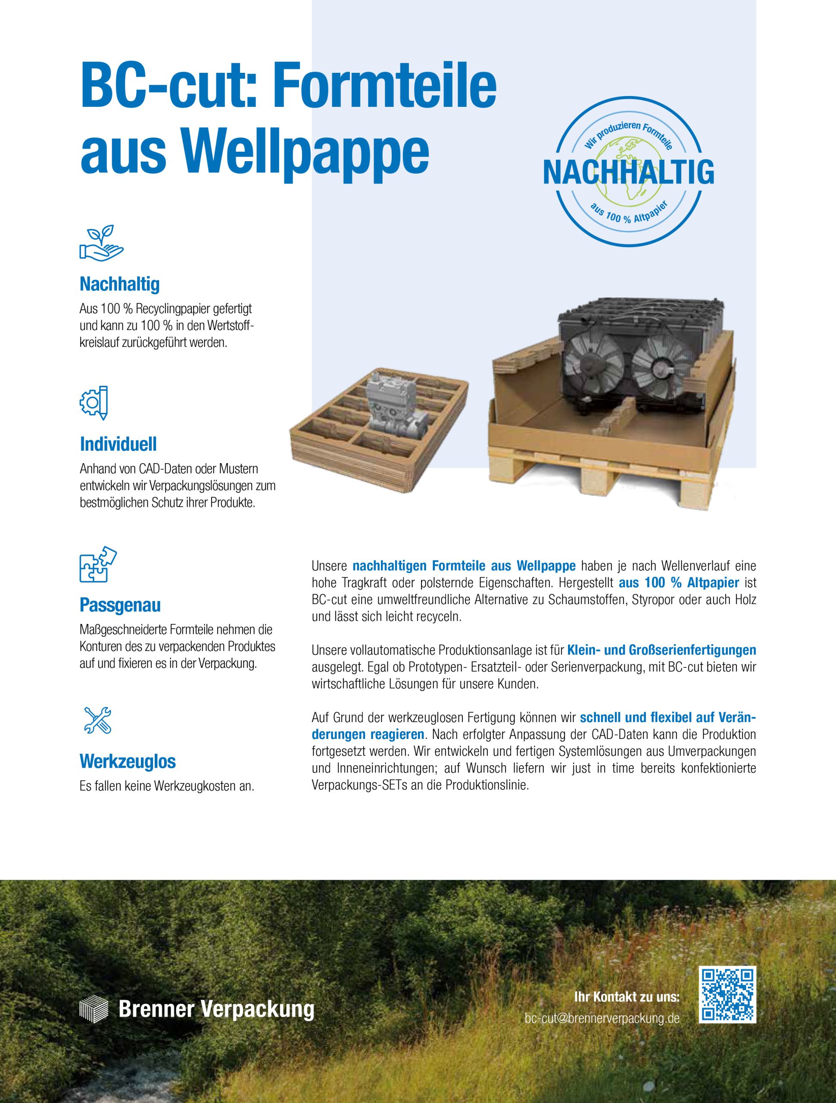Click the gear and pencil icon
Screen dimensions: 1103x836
(95, 402)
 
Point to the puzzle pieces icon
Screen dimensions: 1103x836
(98, 564)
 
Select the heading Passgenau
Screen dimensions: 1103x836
(120, 605)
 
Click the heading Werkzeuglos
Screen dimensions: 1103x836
(128, 761)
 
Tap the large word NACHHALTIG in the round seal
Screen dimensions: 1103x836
(628, 172)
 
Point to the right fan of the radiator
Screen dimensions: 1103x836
(658, 364)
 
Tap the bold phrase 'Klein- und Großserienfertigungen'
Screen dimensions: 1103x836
(661, 650)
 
